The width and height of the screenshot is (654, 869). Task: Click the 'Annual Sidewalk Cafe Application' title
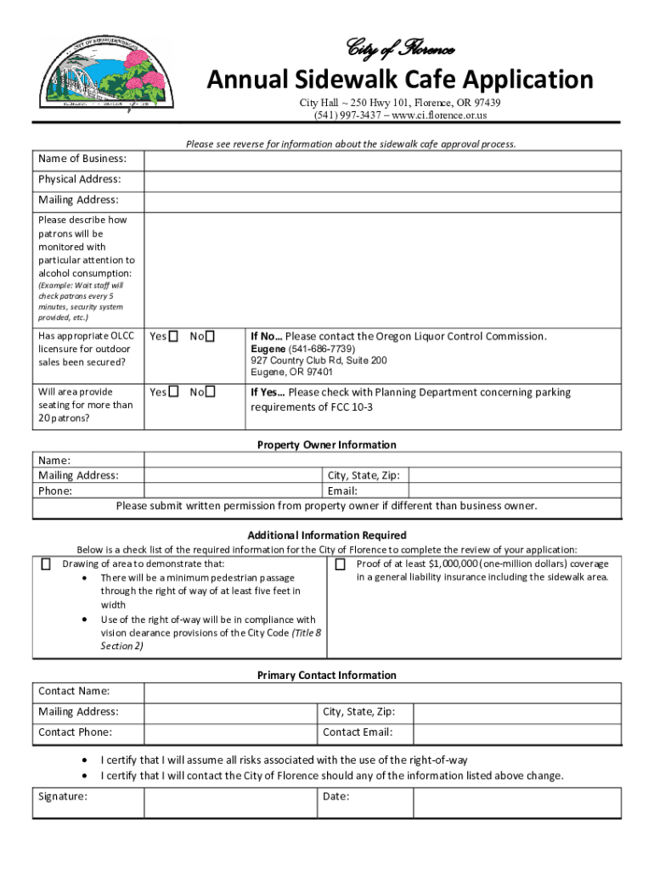click(x=401, y=80)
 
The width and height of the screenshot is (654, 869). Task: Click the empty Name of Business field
click(x=382, y=160)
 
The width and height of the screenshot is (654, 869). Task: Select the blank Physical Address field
click(x=382, y=180)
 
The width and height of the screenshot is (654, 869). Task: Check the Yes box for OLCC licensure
click(x=173, y=337)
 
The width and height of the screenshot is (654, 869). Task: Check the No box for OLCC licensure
click(x=211, y=337)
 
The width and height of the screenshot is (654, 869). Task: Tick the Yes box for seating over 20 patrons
click(x=173, y=392)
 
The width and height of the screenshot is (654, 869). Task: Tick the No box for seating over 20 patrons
click(x=211, y=392)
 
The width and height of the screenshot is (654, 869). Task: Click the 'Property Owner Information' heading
click(x=327, y=445)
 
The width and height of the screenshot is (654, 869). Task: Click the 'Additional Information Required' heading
click(x=327, y=535)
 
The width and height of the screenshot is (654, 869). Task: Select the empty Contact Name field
click(x=382, y=692)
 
